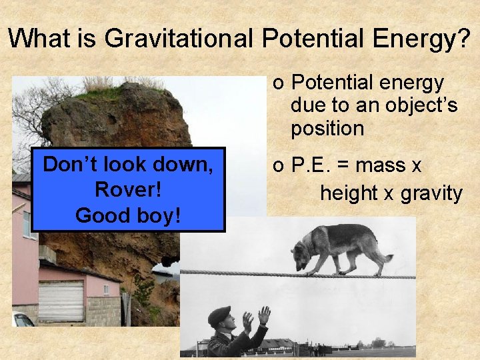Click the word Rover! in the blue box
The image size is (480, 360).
pyautogui.click(x=128, y=189)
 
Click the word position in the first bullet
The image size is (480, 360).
pyautogui.click(x=327, y=129)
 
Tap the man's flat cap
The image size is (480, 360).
pyautogui.click(x=219, y=314)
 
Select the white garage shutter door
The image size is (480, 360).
pyautogui.click(x=61, y=300)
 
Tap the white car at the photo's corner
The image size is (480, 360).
pyautogui.click(x=21, y=319)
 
